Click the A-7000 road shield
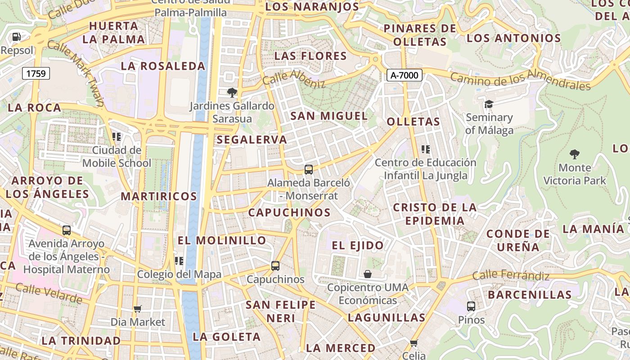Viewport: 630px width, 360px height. [405, 75]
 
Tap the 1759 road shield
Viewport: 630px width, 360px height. [36, 73]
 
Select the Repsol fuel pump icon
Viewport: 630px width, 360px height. [17, 37]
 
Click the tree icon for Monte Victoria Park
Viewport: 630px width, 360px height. [574, 154]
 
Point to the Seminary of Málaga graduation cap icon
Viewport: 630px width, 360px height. [489, 104]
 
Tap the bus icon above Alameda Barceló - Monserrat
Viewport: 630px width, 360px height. [308, 170]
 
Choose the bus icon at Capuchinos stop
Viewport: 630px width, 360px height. [275, 266]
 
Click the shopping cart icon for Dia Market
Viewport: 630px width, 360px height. [138, 309]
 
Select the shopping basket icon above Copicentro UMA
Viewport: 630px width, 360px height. [368, 274]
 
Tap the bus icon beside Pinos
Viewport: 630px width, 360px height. [471, 306]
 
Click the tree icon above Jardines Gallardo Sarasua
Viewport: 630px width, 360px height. [232, 93]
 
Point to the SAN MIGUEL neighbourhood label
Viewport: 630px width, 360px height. [329, 116]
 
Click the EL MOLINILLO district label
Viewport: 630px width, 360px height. [222, 240]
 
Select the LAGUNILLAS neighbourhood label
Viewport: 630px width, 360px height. [387, 318]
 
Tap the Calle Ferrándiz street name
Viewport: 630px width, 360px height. [511, 275]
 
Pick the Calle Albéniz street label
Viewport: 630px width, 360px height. [293, 79]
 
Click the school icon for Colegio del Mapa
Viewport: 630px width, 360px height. [179, 261]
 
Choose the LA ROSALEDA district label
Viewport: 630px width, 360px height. [163, 66]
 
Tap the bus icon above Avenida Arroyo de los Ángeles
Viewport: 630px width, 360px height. [67, 230]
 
